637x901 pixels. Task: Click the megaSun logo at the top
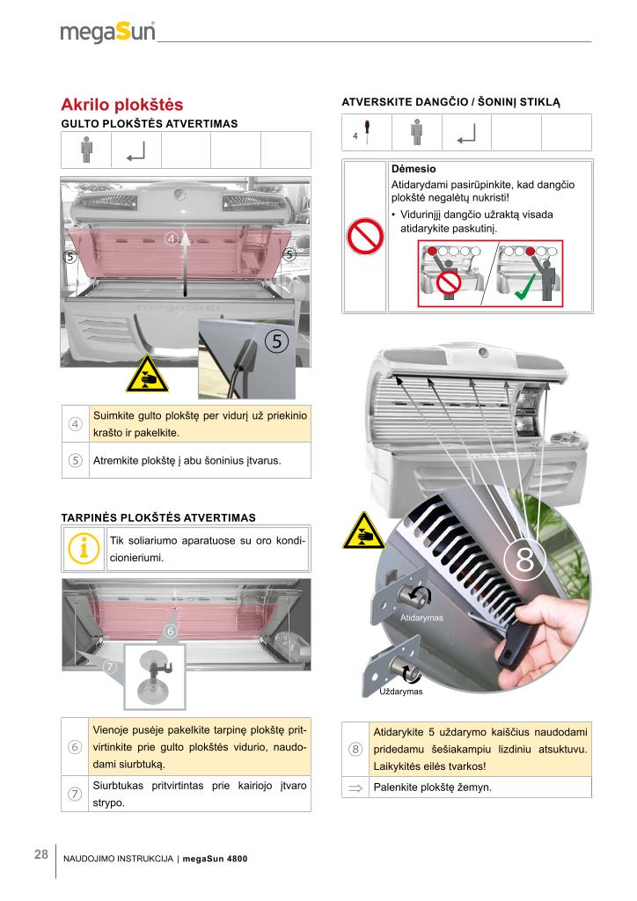pos(107,32)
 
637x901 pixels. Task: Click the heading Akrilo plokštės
pos(121,105)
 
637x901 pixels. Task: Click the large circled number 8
pos(524,560)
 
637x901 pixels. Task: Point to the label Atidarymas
pos(421,618)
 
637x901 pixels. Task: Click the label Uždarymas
pos(400,692)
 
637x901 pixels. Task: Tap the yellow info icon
pos(84,547)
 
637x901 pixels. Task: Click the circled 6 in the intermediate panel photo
pos(170,631)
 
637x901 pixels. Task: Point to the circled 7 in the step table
pos(75,795)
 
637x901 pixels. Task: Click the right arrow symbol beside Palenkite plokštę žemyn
pos(355,787)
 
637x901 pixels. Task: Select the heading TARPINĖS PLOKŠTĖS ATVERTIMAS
pos(158,516)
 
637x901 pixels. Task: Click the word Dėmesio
pos(414,168)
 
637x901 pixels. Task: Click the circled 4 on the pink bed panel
pos(172,238)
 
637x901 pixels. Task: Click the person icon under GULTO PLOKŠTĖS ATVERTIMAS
pos(86,149)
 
